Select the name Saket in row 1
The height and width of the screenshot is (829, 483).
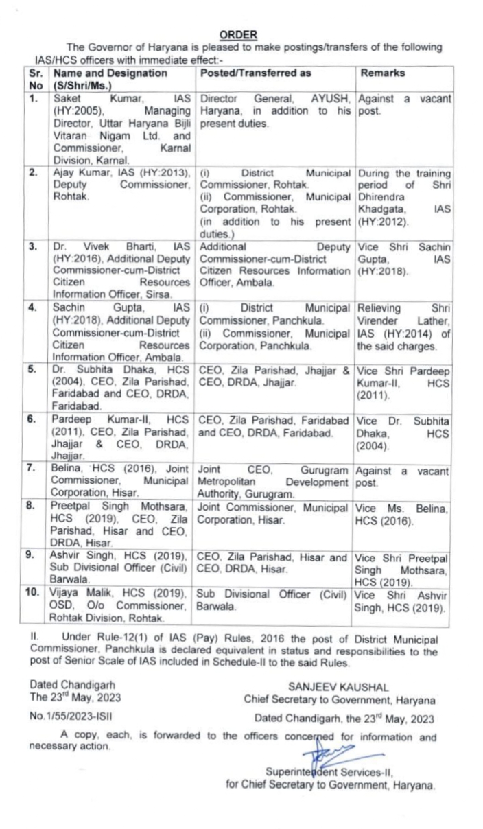pos(67,100)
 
